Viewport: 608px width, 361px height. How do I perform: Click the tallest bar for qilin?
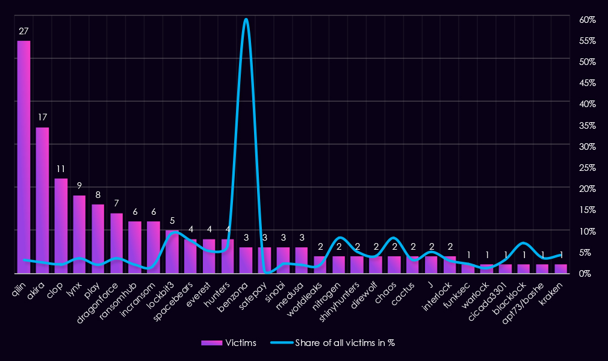(x=24, y=156)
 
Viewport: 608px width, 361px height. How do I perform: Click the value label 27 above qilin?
(x=24, y=31)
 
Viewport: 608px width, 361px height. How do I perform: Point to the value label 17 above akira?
(x=43, y=118)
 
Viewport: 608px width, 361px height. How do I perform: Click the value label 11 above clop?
(x=61, y=169)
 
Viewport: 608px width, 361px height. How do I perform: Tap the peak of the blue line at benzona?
(x=246, y=19)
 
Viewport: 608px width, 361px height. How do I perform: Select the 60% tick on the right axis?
(x=588, y=20)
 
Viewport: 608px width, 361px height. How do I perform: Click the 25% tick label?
(x=588, y=167)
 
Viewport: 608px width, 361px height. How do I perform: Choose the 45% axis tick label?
(x=588, y=83)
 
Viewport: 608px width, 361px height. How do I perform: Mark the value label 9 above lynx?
(x=79, y=186)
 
